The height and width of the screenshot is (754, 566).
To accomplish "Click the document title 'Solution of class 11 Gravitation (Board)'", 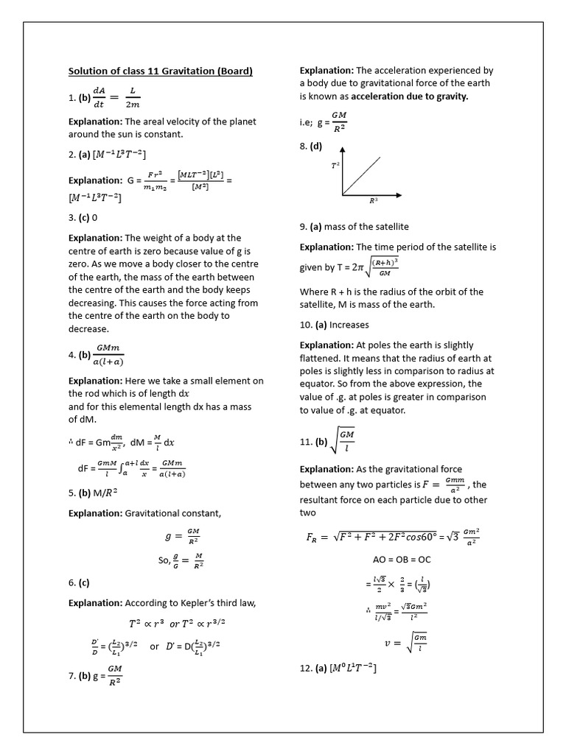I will (160, 71).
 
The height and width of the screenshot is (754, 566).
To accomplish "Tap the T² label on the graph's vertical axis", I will (335, 167).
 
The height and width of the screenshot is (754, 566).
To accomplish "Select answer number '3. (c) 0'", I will (83, 218).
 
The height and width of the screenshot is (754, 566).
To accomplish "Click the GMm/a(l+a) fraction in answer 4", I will (109, 354).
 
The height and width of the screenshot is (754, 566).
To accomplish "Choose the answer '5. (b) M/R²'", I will (92, 493).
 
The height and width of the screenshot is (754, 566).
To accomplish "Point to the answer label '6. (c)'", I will (79, 582).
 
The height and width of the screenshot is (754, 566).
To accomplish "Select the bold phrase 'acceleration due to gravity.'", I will (409, 96).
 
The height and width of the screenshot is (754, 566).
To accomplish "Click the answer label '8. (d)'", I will (311, 146).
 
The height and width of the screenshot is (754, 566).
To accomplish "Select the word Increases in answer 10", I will (350, 325).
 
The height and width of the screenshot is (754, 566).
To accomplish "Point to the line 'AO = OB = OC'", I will (402, 559).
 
